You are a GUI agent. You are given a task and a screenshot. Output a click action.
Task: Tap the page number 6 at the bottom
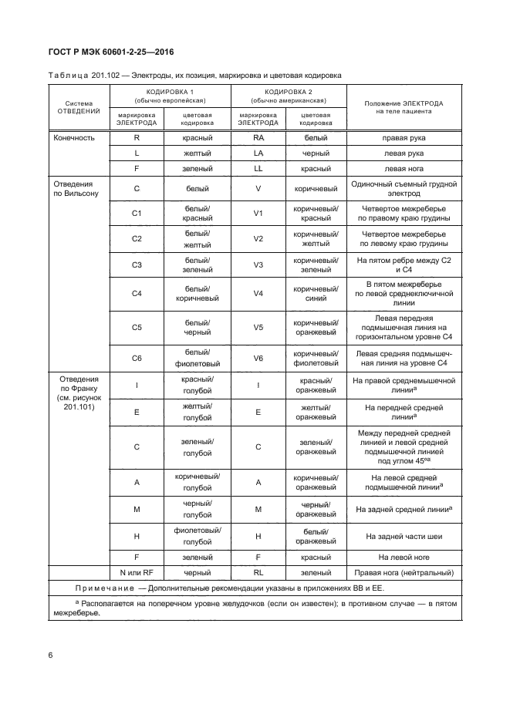click(x=51, y=655)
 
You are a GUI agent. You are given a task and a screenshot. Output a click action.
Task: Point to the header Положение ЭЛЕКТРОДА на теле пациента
click(x=404, y=106)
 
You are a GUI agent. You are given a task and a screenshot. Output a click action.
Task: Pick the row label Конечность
click(x=75, y=137)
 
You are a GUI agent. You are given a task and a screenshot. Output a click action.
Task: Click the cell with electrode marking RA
click(x=258, y=137)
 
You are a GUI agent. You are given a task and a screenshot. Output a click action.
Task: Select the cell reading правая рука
click(x=404, y=137)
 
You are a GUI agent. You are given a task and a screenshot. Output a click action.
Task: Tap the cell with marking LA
click(x=258, y=153)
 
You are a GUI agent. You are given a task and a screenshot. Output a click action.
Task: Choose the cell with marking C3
click(x=137, y=264)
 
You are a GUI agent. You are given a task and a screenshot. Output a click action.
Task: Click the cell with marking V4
click(x=258, y=294)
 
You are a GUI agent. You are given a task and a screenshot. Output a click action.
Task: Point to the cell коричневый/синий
click(x=314, y=294)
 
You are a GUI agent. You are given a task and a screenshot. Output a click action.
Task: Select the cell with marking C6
click(x=137, y=358)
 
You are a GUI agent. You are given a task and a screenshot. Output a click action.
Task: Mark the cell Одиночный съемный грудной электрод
click(x=404, y=189)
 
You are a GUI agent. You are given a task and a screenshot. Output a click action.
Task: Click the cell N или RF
click(x=137, y=573)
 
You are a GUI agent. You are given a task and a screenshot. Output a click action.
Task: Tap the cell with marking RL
click(x=258, y=573)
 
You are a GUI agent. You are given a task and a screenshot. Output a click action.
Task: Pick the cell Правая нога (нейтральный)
click(x=404, y=573)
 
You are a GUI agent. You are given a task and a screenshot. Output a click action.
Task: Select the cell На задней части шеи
click(x=404, y=536)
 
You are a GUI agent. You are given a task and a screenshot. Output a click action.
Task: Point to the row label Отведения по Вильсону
click(x=75, y=189)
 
